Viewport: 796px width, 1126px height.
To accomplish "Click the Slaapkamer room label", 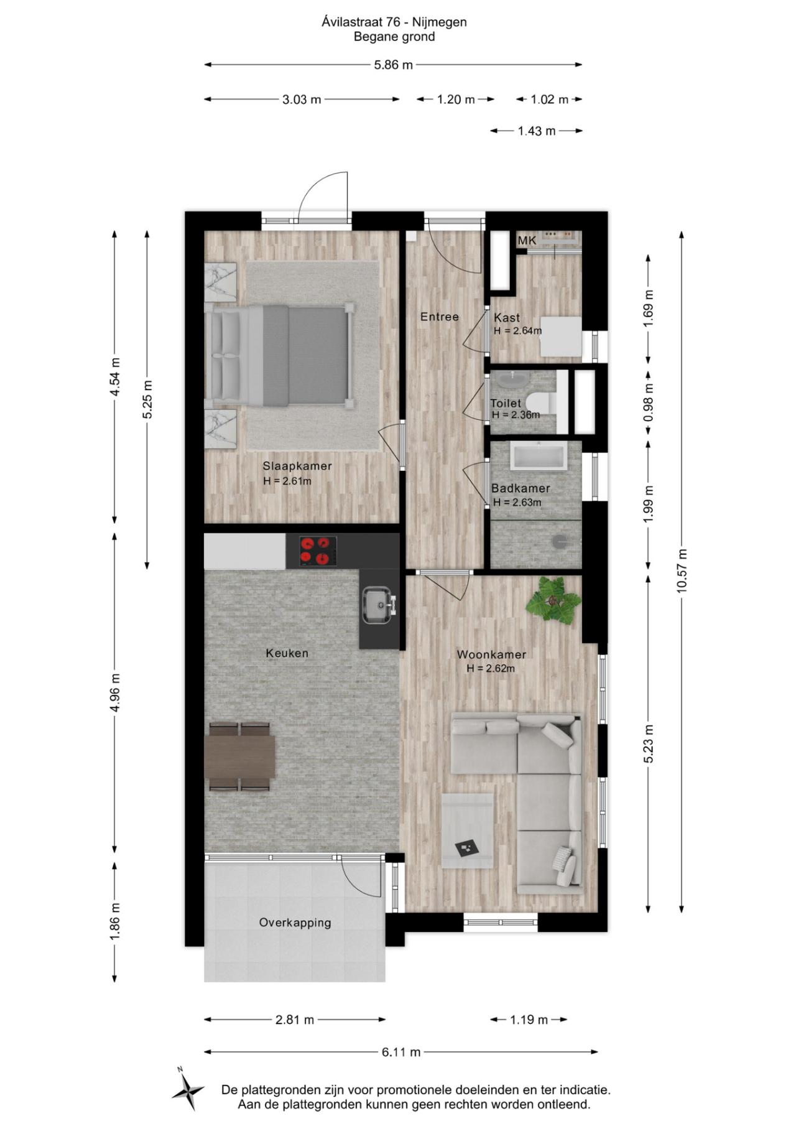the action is (x=297, y=466).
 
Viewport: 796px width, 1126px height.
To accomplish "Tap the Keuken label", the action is (x=287, y=653).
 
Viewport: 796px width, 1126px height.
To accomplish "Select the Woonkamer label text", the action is (x=491, y=654).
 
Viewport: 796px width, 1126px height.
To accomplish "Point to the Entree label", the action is (x=439, y=317).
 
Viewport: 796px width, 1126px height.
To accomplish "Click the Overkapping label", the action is (x=295, y=923).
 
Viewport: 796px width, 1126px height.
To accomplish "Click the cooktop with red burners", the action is (x=318, y=551).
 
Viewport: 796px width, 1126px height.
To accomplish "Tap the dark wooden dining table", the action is (x=240, y=756).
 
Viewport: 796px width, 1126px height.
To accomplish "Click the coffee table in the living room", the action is (x=468, y=829).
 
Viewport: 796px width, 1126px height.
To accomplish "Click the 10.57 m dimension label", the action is (x=682, y=570).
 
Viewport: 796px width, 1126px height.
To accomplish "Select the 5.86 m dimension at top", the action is (x=393, y=65).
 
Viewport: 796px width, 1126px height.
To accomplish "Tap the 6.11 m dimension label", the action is (x=401, y=1052).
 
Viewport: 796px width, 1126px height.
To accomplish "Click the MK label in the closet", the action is (x=526, y=241).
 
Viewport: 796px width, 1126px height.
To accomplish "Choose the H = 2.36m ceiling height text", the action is (x=516, y=415).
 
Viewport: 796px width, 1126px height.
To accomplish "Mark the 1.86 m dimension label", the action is (x=115, y=923).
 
